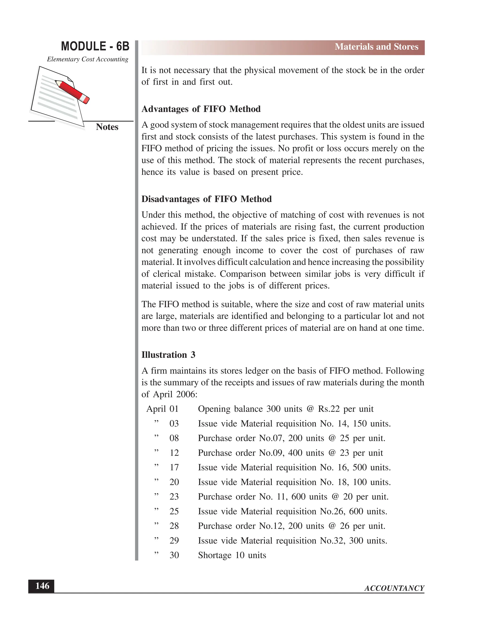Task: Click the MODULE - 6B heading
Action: [x=95, y=47]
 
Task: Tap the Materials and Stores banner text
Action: [x=376, y=47]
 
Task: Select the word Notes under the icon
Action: [x=107, y=127]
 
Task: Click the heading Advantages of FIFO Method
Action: [x=201, y=109]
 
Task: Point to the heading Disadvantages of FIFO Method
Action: [x=206, y=199]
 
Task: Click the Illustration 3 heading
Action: [x=168, y=355]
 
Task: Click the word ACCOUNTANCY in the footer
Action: [x=394, y=588]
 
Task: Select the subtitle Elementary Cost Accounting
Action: [x=87, y=59]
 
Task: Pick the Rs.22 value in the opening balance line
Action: [x=329, y=409]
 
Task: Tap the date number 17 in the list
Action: [x=174, y=467]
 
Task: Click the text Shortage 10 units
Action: [x=232, y=555]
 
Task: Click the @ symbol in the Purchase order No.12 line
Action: [x=332, y=526]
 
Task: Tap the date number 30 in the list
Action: [x=174, y=555]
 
